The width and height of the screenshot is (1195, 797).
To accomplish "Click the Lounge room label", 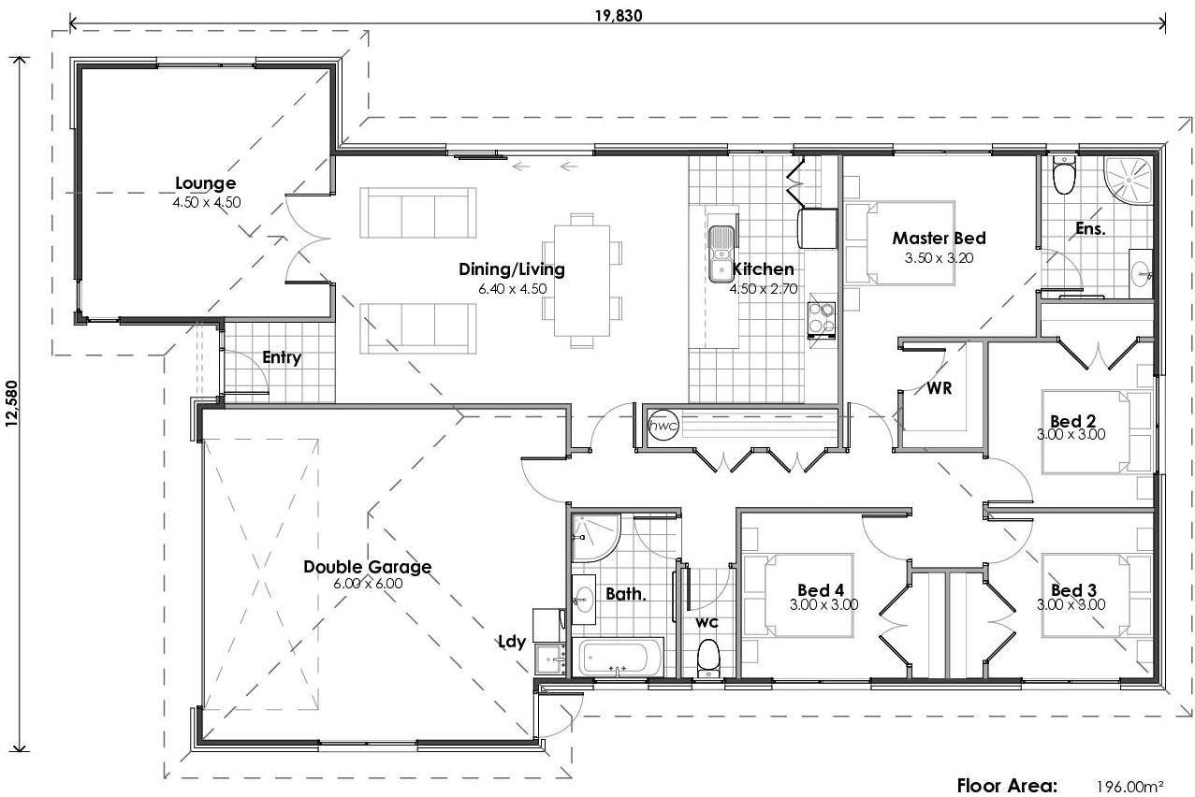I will coord(205,183).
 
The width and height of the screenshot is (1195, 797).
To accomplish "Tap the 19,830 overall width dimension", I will coord(618,14).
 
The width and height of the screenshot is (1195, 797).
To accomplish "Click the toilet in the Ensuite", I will coord(1064,175).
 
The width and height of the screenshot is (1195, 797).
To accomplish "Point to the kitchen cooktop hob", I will coord(821,318).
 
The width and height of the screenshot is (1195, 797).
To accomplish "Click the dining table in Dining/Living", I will coord(581,280).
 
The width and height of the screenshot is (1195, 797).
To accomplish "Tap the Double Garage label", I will coord(367,566).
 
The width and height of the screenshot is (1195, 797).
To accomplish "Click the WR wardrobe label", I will coord(940,388).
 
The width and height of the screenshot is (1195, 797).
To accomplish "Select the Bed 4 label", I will coord(821,590).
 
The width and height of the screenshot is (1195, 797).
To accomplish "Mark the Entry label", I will coord(281,357).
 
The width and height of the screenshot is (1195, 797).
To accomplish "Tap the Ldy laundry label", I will coord(512,642).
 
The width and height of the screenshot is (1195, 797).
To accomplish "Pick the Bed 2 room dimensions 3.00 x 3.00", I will coord(1071,434).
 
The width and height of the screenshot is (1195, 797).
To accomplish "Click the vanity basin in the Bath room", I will coord(584,597).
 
